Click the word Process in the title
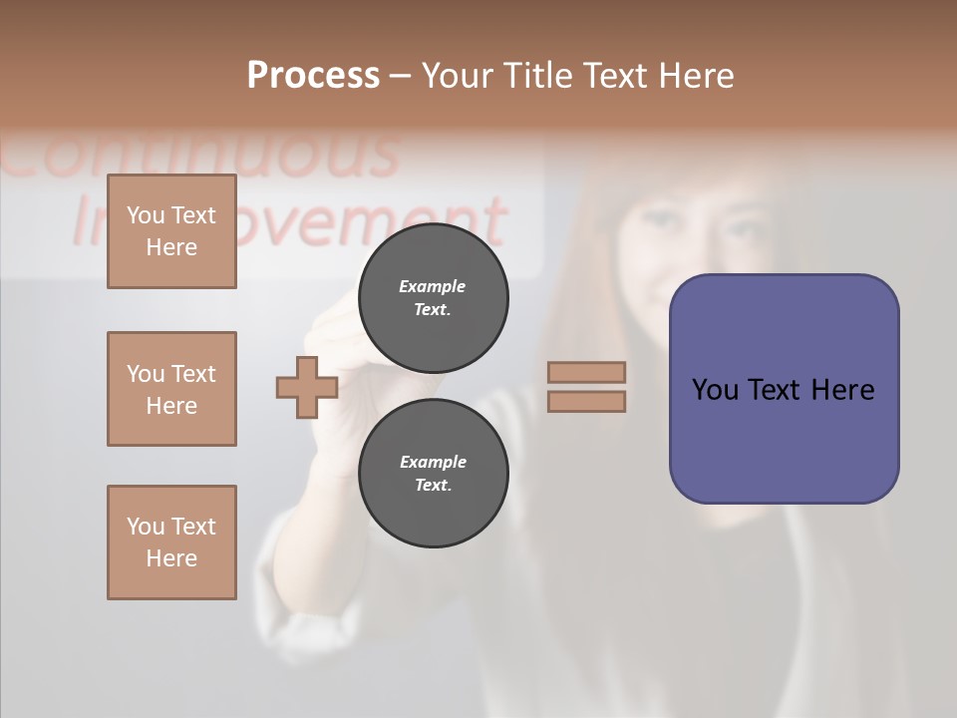tap(313, 76)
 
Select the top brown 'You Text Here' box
tap(171, 231)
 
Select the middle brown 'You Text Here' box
tap(171, 389)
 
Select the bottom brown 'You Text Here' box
tap(171, 542)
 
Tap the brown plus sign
tap(307, 387)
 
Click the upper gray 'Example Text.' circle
tap(433, 297)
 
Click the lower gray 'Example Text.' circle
tap(433, 473)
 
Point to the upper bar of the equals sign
tap(587, 373)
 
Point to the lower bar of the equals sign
tap(587, 401)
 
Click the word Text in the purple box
tap(775, 390)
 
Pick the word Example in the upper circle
tap(433, 286)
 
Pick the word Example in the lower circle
tap(433, 462)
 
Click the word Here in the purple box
tap(842, 390)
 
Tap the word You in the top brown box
tap(146, 215)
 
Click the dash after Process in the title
tap(401, 76)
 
